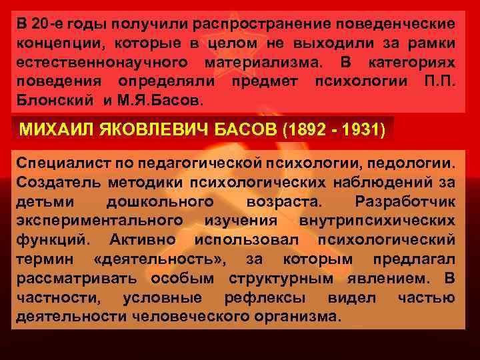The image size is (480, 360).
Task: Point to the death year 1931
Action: click(361, 129)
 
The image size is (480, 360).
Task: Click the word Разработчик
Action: click(406, 201)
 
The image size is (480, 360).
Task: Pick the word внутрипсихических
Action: click(387, 220)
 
